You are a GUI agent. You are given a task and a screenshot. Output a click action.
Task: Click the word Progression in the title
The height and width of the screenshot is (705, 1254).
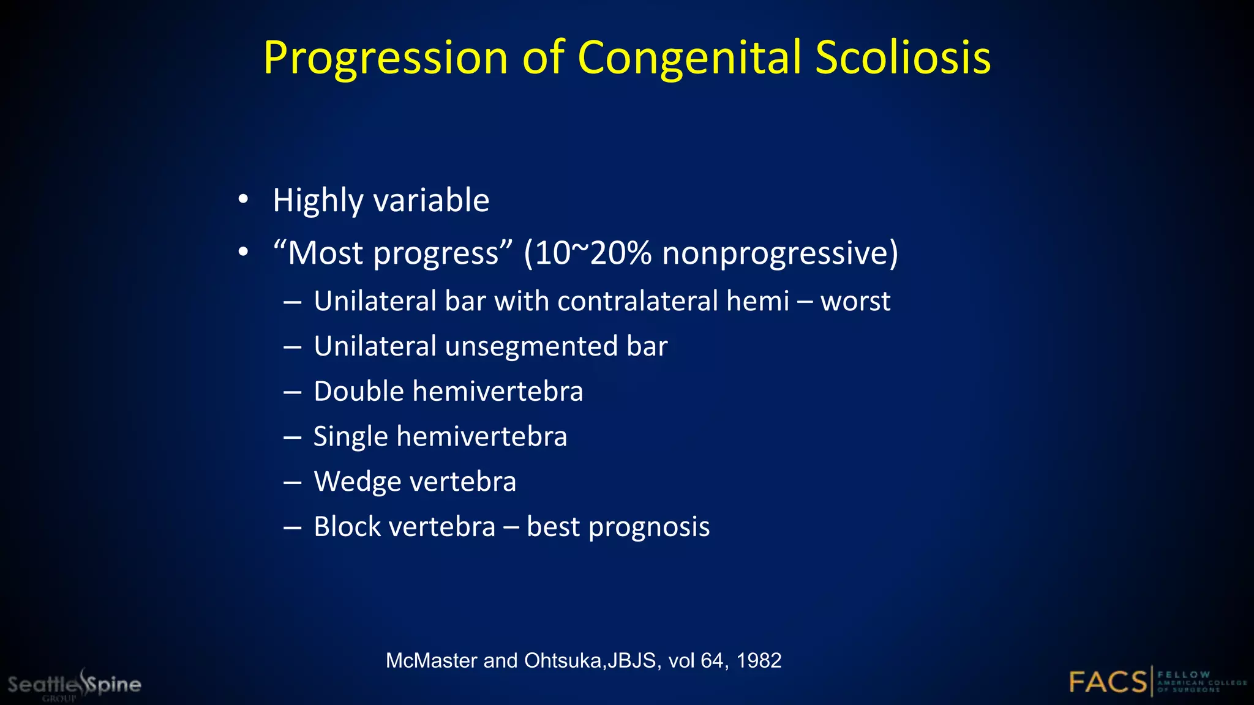[x=386, y=58]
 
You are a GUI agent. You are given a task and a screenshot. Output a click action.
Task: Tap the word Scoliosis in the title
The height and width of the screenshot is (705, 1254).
[x=903, y=58]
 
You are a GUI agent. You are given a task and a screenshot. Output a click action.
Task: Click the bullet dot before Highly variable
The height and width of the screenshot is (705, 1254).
[x=244, y=200]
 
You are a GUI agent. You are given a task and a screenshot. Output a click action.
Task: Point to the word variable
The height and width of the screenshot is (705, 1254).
[x=431, y=200]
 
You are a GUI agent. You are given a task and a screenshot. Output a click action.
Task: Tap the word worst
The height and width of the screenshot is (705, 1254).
[x=855, y=301]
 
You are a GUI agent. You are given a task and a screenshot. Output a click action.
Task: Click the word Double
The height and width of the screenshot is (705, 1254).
[x=359, y=391]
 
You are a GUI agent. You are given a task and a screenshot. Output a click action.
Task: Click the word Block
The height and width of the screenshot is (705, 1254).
[x=347, y=526]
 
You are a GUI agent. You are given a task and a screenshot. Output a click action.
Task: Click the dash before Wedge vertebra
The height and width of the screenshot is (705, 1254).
[x=292, y=482]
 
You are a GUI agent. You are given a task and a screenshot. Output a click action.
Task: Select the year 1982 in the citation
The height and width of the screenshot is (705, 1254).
[x=759, y=661]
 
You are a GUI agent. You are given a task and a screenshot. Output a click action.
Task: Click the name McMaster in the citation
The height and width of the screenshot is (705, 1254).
[x=432, y=661]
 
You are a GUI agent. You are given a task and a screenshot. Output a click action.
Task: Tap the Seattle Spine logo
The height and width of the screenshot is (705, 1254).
[x=74, y=684]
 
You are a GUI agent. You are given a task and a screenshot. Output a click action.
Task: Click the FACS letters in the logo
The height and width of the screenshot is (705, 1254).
[x=1108, y=682]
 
